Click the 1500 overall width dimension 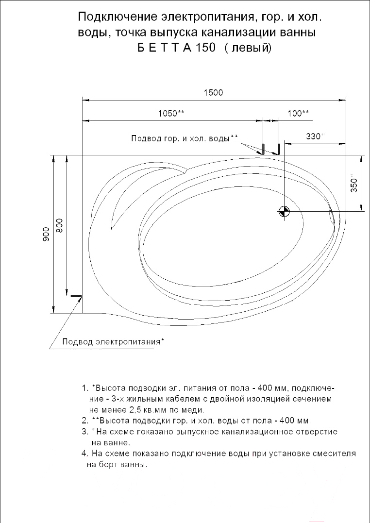click(213, 93)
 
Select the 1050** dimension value click(171, 113)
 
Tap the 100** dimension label click(298, 113)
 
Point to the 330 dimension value click(314, 136)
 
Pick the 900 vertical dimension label click(47, 235)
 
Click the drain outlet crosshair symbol click(284, 211)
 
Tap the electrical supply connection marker click(76, 295)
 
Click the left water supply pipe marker click(263, 148)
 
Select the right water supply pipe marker click(279, 148)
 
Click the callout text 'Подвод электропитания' click(111, 341)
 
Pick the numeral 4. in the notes click(84, 454)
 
